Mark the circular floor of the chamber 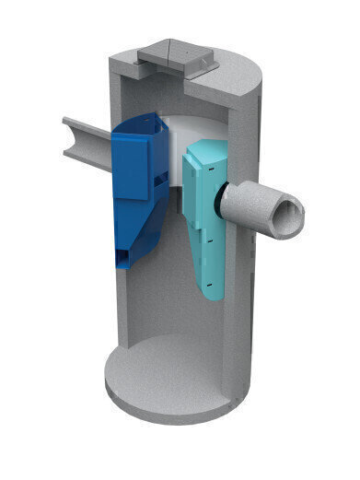(175, 378)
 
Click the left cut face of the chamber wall (114, 304)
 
